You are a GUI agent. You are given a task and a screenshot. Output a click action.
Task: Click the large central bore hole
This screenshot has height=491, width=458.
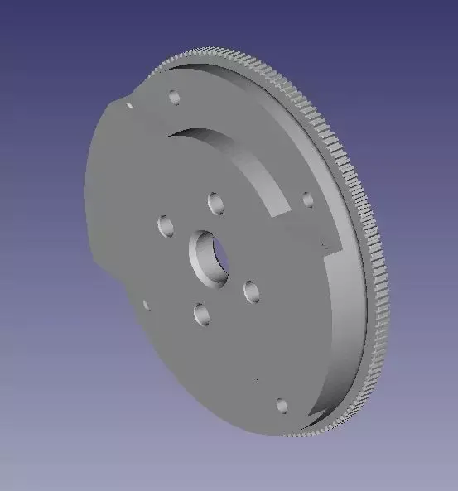click(209, 256)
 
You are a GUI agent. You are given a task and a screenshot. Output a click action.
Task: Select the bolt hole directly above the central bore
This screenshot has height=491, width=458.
click(216, 202)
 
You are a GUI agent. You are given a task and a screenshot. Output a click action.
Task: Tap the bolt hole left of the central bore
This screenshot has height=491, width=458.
click(165, 224)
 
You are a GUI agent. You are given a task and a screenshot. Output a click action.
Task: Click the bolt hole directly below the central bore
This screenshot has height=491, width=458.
click(201, 313)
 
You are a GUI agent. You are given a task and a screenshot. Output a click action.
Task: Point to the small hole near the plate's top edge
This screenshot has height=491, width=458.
click(174, 98)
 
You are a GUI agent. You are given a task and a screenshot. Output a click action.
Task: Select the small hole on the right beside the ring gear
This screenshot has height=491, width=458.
click(307, 200)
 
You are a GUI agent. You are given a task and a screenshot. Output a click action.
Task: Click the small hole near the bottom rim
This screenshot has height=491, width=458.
click(281, 405)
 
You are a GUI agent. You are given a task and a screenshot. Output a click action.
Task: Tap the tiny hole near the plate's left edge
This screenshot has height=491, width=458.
click(146, 305)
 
